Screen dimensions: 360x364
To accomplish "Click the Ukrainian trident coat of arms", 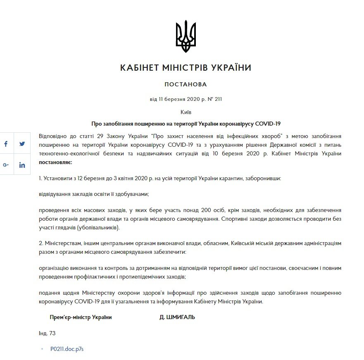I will coord(186,36).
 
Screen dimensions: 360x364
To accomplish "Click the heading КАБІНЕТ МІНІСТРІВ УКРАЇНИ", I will coord(186,68).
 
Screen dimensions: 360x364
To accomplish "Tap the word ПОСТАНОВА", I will coord(186,85).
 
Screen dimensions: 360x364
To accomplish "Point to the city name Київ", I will coord(186,112).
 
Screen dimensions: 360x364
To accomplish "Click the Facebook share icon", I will coord(6,144).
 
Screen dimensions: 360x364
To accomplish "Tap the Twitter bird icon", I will coord(22,144).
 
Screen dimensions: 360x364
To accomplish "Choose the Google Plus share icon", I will coord(6,165).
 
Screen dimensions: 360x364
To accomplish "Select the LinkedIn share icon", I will coord(22,165).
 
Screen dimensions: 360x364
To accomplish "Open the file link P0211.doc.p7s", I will coord(67,349).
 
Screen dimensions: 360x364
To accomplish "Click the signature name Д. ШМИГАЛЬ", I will coord(177,317).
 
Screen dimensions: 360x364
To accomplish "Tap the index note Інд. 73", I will coord(47,333).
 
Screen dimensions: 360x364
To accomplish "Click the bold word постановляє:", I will coord(55,162).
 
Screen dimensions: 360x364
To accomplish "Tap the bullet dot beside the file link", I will coord(42,349).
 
